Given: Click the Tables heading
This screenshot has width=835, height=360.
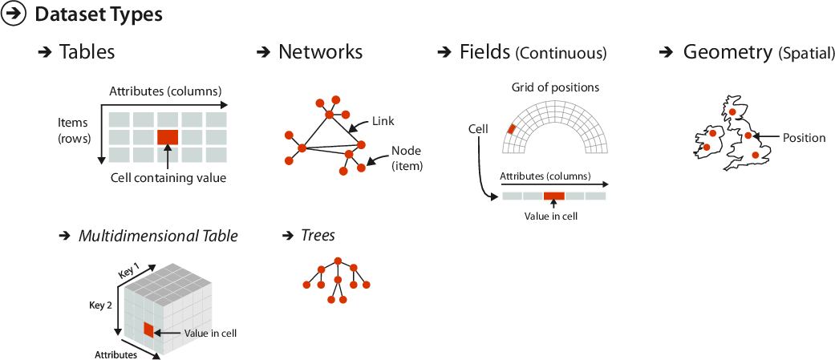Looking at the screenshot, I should (87, 52).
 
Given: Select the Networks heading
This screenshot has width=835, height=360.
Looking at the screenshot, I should (320, 52).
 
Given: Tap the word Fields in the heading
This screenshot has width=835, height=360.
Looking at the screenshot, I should (484, 52).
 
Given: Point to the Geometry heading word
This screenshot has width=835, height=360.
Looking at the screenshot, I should (728, 52).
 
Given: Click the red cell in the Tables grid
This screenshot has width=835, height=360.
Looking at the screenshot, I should (167, 137).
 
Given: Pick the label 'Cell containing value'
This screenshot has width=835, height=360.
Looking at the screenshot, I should (168, 178).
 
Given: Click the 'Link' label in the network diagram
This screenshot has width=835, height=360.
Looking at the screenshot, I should (383, 121).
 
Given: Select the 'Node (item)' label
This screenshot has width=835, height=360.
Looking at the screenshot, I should (407, 158).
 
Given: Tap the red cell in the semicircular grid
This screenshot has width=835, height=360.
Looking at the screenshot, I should (510, 128).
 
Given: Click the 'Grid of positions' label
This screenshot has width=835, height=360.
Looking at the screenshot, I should (555, 87).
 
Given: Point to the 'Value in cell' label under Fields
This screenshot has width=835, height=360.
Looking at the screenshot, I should (551, 216).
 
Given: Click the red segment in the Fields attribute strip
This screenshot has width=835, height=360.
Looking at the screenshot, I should (553, 196).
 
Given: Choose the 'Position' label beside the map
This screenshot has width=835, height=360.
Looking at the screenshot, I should (804, 138).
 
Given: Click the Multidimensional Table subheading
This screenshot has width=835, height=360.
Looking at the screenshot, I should (157, 236).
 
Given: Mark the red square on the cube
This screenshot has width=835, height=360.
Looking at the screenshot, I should (148, 330).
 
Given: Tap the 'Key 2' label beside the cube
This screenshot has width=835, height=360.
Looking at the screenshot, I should (100, 305).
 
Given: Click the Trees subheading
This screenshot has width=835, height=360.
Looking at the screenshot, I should (318, 236).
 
